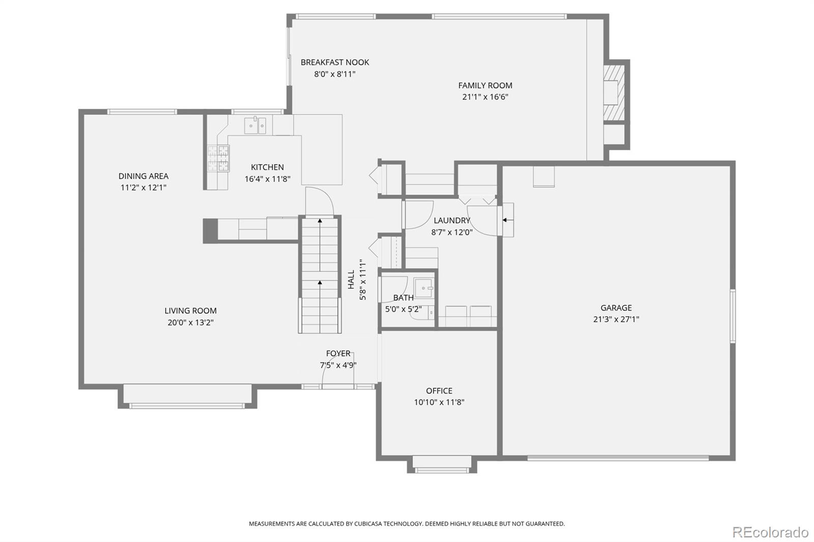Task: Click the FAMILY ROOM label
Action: pos(485,85)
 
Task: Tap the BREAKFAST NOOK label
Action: pos(335,62)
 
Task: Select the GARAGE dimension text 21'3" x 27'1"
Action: pos(616,319)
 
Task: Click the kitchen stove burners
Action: pos(218,158)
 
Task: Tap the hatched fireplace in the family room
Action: pos(614,93)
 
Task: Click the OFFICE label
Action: pos(439,390)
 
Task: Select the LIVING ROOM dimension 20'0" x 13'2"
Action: pos(190,322)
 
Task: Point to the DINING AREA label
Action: pos(143,176)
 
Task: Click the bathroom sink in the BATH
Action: pos(423,288)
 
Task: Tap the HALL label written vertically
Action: pos(351,279)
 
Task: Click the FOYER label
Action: pos(338,353)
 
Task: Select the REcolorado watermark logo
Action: pos(770,532)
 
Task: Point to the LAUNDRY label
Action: pos(452,220)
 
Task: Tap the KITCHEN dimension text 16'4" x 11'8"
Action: pos(268,179)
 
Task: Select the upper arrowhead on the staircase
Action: pos(320,221)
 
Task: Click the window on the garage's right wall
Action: pos(733,316)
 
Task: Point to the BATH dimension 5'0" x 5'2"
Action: pos(403,309)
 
